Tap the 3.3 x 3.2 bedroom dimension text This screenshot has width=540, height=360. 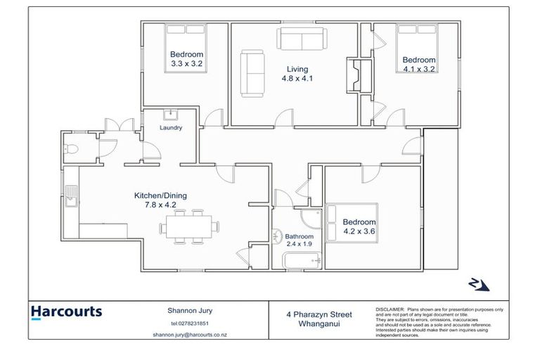186,64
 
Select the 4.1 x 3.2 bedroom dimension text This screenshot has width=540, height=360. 418,69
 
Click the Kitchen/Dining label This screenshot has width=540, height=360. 160,195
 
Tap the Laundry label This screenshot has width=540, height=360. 171,128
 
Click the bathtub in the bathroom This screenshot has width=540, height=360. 302,262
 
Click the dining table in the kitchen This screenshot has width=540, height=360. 189,226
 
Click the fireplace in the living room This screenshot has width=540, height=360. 354,75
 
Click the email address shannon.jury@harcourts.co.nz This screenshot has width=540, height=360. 185,335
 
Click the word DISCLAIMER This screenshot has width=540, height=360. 390,308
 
